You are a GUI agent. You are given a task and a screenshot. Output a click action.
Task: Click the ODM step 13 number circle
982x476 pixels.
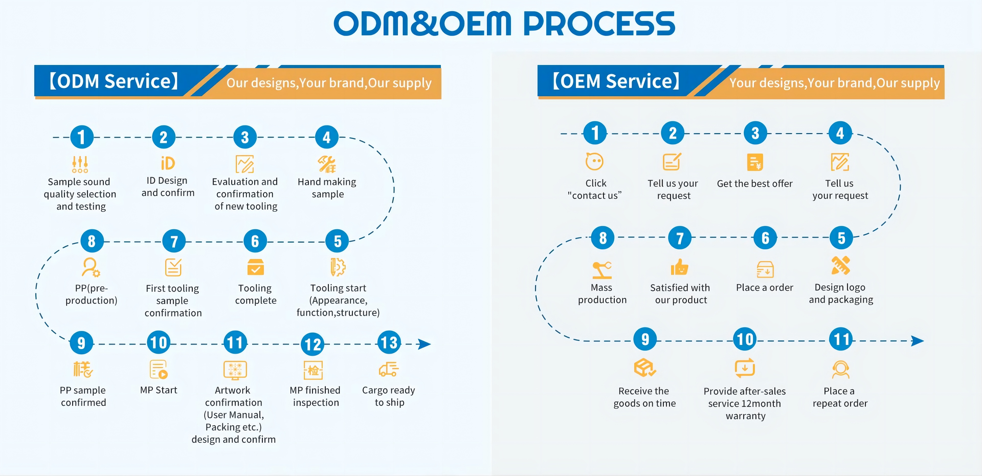tap(389, 342)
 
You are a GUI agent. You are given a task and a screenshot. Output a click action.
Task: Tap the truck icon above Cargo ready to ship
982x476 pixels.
tap(388, 369)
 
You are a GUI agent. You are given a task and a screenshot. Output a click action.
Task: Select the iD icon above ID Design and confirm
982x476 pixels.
tap(168, 163)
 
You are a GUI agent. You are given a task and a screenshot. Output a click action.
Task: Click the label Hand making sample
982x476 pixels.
tap(327, 188)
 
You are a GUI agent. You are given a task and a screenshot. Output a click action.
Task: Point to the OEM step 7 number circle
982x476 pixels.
tap(680, 238)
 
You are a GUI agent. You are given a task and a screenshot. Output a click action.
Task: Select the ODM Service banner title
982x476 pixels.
tap(114, 81)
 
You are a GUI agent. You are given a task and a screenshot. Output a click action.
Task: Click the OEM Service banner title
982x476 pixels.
tap(616, 81)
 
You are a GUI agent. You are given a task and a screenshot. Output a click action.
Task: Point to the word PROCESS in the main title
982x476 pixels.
tap(599, 24)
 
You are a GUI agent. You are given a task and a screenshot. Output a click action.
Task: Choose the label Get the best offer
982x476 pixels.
tap(754, 184)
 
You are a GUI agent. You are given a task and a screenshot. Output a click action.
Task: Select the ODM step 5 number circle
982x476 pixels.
tap(337, 241)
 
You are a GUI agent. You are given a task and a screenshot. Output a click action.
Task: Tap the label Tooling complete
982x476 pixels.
tap(255, 294)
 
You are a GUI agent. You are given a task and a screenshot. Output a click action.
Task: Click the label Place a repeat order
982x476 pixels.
tap(840, 397)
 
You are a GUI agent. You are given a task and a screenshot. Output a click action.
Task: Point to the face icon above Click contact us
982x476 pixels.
tap(594, 162)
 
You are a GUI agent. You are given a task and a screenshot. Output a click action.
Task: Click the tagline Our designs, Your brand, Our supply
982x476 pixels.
tap(329, 83)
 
